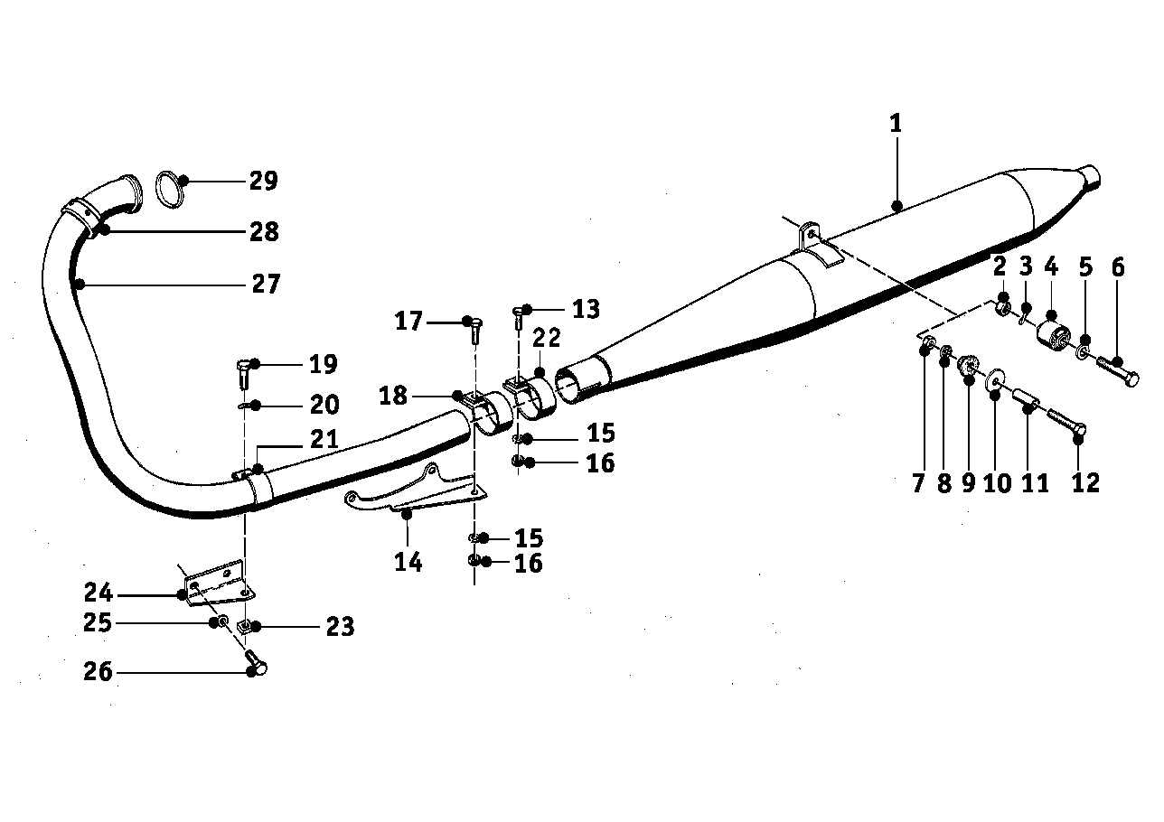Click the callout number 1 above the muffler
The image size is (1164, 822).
tap(896, 123)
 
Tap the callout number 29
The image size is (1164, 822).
tap(263, 181)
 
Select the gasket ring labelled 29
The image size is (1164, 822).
tap(170, 187)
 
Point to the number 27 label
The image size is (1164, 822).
tap(265, 285)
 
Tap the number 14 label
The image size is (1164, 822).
tap(408, 562)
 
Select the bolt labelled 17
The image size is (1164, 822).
tap(473, 329)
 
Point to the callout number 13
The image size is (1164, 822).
tap(586, 309)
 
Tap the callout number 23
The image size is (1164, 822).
tap(340, 626)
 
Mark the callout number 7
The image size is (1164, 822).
tap(918, 483)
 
